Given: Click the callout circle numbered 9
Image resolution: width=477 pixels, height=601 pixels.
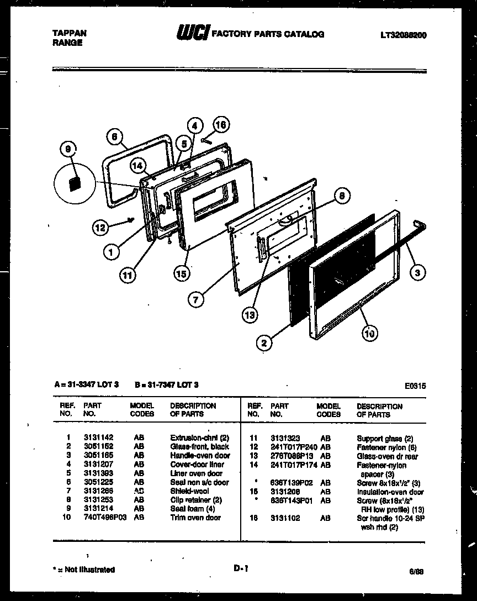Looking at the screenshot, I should [x=68, y=149].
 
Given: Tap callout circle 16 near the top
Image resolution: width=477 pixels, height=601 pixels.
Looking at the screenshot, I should [x=221, y=125].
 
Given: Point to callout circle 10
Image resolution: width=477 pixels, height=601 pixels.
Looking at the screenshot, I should [x=370, y=333].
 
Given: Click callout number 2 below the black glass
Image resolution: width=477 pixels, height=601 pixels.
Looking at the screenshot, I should [x=264, y=343].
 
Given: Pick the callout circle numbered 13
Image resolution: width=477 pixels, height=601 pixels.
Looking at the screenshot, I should [x=250, y=315].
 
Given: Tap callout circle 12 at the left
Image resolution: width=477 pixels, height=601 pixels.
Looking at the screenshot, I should [x=100, y=226].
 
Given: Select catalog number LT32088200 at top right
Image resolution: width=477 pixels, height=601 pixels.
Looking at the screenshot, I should [x=403, y=35].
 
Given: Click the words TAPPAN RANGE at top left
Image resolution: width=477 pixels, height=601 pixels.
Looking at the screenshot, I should [x=69, y=38].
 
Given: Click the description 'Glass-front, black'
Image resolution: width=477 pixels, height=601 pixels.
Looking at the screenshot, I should [x=199, y=447].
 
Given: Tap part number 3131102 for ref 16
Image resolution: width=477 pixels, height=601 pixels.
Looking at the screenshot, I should [x=285, y=519].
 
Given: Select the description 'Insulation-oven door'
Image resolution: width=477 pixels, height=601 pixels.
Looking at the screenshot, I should [x=390, y=492].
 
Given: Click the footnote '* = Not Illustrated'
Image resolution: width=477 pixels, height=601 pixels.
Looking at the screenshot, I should [x=84, y=570].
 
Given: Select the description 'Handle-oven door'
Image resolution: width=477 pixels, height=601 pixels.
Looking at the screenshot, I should [x=200, y=456].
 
